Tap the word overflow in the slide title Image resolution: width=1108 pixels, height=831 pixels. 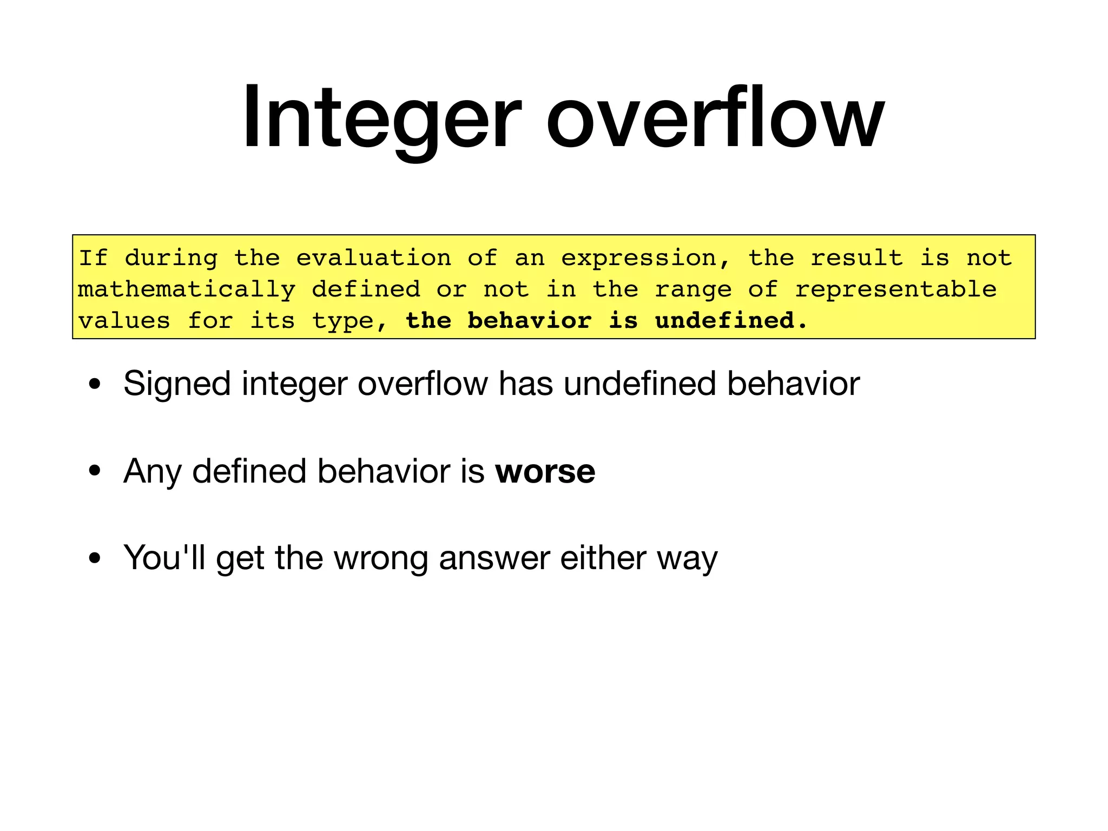tap(715, 116)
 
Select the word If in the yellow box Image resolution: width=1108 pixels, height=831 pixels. tap(94, 258)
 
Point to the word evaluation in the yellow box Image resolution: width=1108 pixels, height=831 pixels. tap(373, 258)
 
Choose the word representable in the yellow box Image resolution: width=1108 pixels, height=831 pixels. tap(895, 289)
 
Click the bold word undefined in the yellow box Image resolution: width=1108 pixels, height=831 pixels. tap(731, 321)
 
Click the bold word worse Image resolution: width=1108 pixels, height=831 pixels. tap(545, 471)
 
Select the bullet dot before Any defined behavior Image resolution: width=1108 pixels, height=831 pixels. tap(95, 471)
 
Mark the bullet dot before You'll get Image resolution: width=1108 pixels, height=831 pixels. tap(95, 558)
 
